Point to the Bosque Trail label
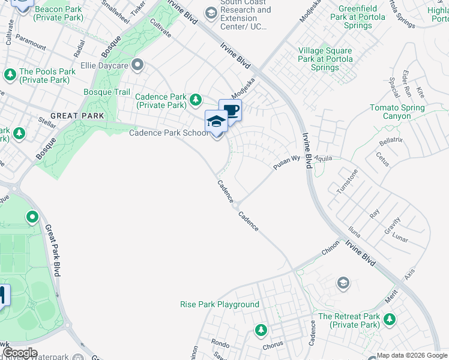[106, 92]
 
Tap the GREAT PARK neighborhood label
[77, 115]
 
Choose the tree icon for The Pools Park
[10, 75]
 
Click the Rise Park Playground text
[220, 304]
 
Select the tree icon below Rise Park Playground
[261, 329]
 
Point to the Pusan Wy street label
[286, 163]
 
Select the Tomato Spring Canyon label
[397, 112]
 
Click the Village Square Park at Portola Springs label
[325, 59]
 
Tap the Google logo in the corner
[20, 353]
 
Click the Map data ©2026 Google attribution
[412, 355]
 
